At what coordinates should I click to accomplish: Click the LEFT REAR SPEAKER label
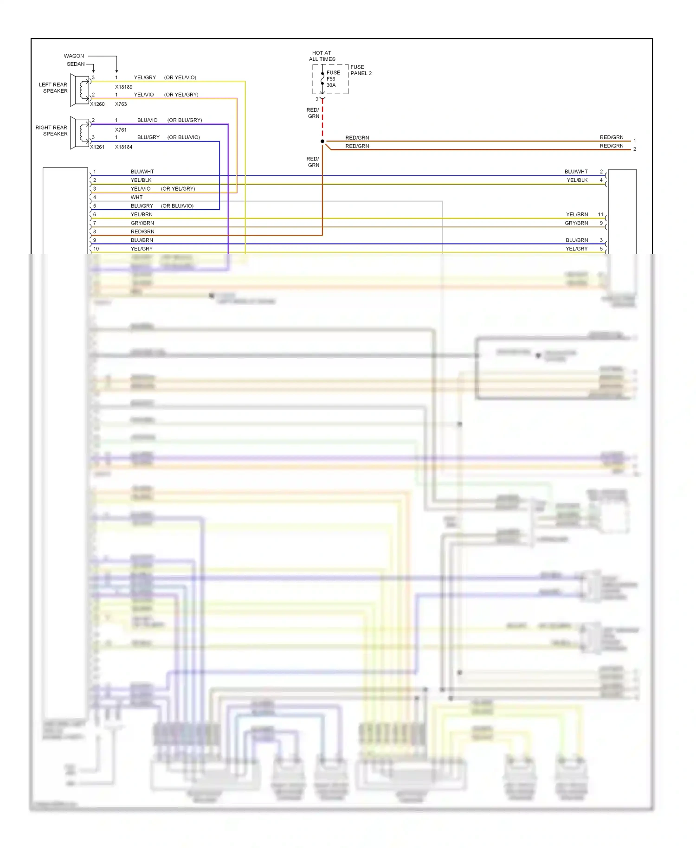pos(53,88)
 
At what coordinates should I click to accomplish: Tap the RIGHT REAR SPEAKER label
pos(52,130)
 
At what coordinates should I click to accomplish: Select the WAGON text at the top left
pos(74,56)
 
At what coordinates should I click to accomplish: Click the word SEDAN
pos(76,64)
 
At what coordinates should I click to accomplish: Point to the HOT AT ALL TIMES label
pos(322,56)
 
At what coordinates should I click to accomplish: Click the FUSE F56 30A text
pos(333,79)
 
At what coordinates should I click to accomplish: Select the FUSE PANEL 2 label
pos(361,70)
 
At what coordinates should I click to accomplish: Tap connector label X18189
pos(123,87)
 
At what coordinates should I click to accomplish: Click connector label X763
pos(121,104)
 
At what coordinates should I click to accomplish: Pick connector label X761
pos(121,130)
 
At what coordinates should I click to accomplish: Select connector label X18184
pos(123,147)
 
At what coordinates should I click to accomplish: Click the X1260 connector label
pos(97,104)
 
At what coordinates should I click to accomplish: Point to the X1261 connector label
pos(97,147)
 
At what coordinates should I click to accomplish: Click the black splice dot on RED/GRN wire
pos(322,141)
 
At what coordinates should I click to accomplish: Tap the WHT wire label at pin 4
pos(136,197)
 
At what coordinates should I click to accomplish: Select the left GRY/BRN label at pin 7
pos(142,223)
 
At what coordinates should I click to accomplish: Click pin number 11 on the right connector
pos(600,214)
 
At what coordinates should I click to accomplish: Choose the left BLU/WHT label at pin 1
pos(142,172)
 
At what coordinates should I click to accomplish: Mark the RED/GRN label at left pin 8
pos(142,231)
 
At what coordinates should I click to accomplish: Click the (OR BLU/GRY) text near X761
pos(184,120)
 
